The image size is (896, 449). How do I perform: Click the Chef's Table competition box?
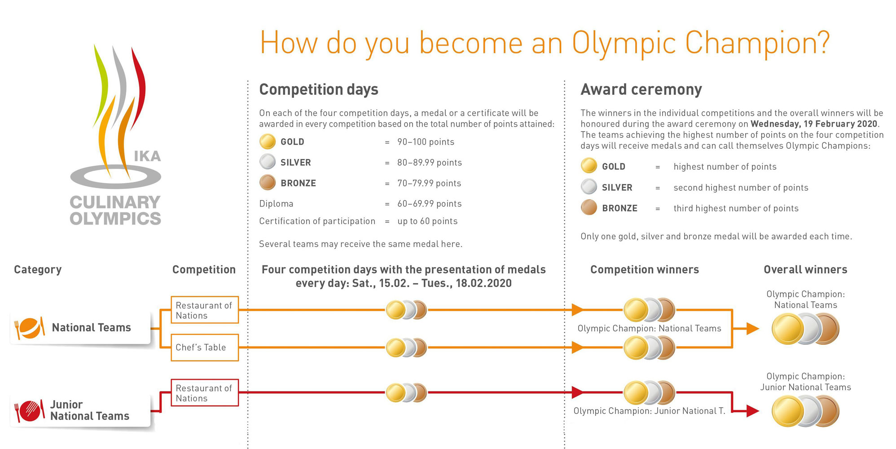[x=205, y=348]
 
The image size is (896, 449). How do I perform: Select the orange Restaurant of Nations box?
[x=205, y=310]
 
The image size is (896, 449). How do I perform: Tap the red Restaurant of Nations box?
[x=205, y=393]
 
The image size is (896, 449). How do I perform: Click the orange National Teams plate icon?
[x=30, y=328]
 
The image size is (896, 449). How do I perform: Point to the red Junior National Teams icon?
[x=30, y=410]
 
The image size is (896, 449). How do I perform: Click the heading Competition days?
[x=319, y=89]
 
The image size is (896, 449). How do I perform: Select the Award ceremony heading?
[x=641, y=89]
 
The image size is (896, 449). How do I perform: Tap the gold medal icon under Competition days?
[x=268, y=142]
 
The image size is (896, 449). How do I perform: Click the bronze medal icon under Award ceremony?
[x=589, y=208]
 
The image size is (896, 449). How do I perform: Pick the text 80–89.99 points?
[x=430, y=163]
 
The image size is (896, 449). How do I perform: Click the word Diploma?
[x=276, y=204]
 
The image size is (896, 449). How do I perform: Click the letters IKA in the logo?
[x=147, y=156]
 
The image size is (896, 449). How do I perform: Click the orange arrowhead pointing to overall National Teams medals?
[x=752, y=329]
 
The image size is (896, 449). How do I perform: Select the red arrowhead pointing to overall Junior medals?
[x=752, y=411]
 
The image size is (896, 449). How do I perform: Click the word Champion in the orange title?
[x=757, y=44]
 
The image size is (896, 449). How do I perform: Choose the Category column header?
[x=38, y=269]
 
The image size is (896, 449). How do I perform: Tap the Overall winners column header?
[x=805, y=269]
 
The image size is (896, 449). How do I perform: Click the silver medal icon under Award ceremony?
[x=589, y=187]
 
